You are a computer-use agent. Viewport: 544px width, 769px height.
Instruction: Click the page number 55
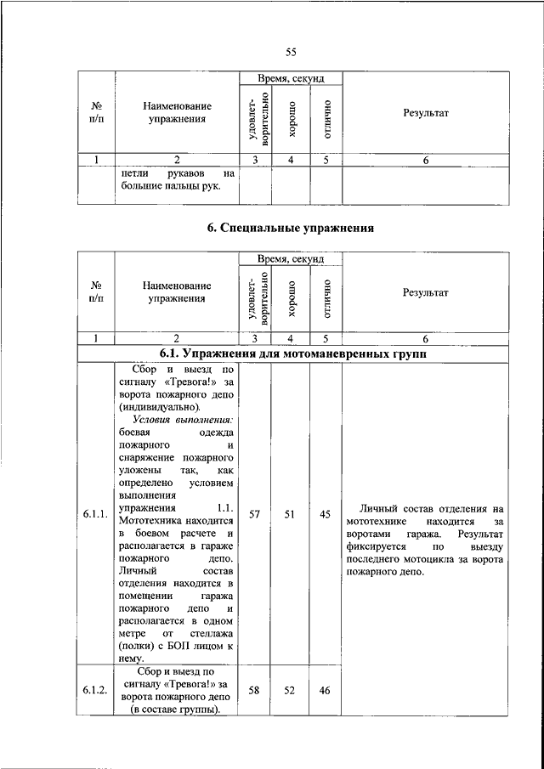291,53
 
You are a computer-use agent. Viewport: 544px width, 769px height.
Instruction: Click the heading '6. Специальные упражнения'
291,228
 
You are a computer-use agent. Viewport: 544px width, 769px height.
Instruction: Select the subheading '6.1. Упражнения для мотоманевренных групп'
292,353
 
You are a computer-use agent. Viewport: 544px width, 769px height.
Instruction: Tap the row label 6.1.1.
95,515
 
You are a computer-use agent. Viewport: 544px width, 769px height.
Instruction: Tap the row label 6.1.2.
95,690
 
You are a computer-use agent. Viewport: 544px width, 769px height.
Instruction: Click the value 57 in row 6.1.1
255,514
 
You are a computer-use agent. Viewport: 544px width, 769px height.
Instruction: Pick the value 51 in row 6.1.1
290,514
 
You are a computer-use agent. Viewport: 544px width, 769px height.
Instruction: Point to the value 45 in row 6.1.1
325,514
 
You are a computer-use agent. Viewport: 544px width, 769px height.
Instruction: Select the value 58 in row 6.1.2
255,690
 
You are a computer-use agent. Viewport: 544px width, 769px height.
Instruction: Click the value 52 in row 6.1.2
290,690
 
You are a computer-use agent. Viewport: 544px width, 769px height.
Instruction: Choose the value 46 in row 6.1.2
325,690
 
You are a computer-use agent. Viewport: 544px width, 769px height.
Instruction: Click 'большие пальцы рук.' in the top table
170,187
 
